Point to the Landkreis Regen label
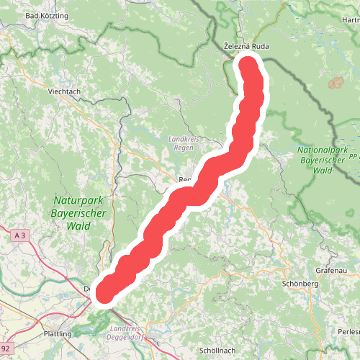(x=181, y=143)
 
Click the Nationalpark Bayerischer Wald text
(x=315, y=161)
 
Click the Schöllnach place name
(x=218, y=350)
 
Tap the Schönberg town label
(x=301, y=284)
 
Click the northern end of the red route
(x=249, y=67)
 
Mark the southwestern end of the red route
(x=104, y=291)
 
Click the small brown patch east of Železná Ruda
(x=335, y=84)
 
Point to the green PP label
(x=353, y=156)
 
